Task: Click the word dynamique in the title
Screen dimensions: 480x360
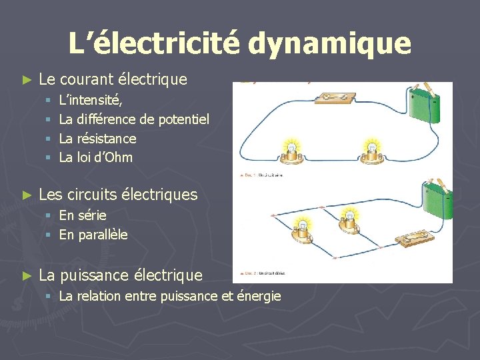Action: pyautogui.click(x=330, y=44)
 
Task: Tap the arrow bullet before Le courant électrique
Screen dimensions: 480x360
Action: pyautogui.click(x=27, y=80)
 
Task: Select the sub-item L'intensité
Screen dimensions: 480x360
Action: pyautogui.click(x=90, y=101)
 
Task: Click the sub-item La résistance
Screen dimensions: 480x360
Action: pyautogui.click(x=97, y=139)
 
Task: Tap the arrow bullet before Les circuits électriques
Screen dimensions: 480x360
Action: pyautogui.click(x=27, y=195)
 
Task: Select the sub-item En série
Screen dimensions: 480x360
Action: pyautogui.click(x=83, y=215)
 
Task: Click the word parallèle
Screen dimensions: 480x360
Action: pyautogui.click(x=102, y=235)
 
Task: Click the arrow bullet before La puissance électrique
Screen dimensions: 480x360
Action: pyautogui.click(x=27, y=275)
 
